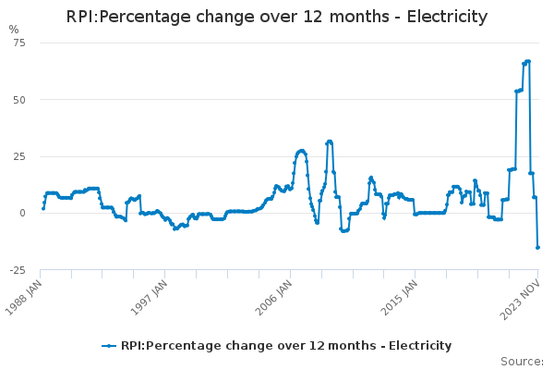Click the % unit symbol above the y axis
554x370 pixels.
(x=13, y=30)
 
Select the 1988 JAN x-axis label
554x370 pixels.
(x=25, y=295)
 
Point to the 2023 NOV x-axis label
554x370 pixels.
(x=521, y=295)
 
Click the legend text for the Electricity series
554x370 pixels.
(x=286, y=346)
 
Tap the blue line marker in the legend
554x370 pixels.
(x=110, y=346)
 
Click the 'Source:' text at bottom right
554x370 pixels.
(x=522, y=362)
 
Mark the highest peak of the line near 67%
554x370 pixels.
(x=527, y=61)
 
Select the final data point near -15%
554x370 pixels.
(x=538, y=247)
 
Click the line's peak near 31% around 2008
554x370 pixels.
(x=329, y=142)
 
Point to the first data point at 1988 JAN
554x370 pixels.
(x=42, y=208)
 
